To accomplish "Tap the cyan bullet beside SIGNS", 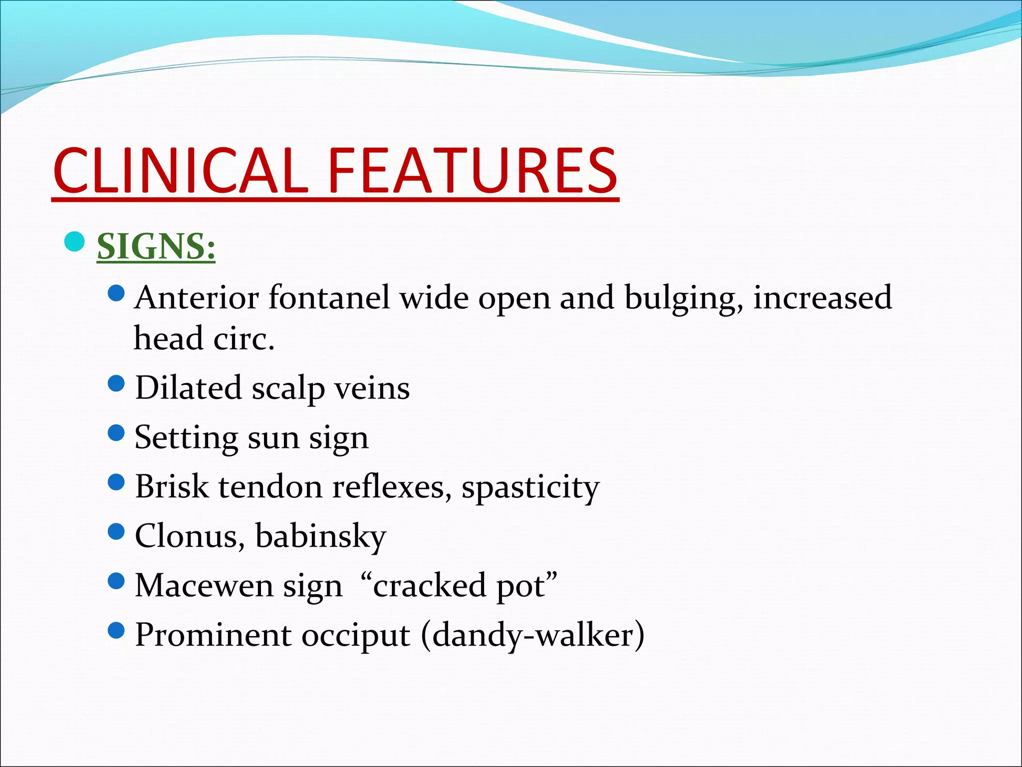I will (x=75, y=242).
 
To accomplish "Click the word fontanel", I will (x=329, y=298).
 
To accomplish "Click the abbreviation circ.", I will (x=244, y=339).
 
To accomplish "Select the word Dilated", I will (x=188, y=387).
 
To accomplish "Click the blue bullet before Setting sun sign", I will (x=116, y=432).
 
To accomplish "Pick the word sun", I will (x=273, y=437).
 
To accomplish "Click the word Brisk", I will (x=172, y=486).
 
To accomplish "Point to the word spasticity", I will (x=530, y=487).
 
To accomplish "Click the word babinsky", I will (x=320, y=536).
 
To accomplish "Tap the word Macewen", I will (x=204, y=585).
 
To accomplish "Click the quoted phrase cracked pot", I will (x=458, y=585).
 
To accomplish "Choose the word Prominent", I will (x=213, y=635).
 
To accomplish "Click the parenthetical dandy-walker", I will (x=533, y=635).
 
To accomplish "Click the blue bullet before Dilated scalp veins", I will (x=116, y=383).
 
